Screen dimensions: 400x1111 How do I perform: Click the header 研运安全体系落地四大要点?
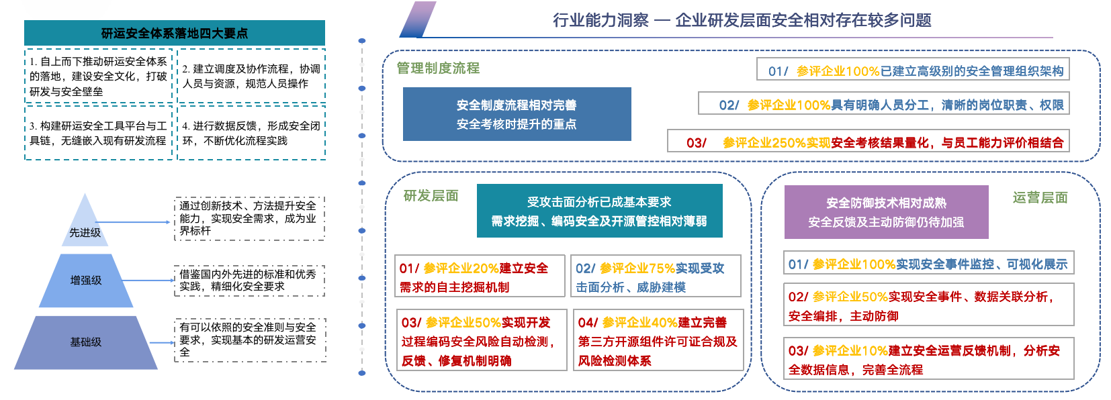(174, 33)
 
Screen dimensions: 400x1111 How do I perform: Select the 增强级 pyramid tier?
(86, 281)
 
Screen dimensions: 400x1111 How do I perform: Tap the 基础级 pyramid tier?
(86, 342)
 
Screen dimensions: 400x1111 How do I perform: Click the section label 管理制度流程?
(438, 68)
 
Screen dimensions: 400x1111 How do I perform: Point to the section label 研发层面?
(431, 195)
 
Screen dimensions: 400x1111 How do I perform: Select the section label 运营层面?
(1040, 197)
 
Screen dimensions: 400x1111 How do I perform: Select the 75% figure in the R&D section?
(662, 268)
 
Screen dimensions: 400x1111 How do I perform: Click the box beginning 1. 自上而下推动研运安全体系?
(98, 76)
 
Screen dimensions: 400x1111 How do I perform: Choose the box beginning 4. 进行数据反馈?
(251, 133)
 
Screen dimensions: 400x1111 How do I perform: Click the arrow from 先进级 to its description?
(134, 221)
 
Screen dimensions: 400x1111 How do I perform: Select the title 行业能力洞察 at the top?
(601, 20)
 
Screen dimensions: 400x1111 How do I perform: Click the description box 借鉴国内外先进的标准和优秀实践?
(249, 281)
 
